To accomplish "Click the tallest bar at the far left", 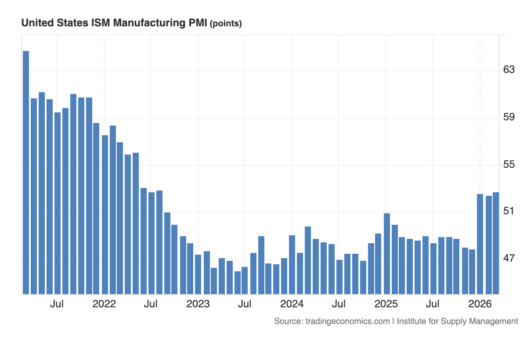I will pos(26,172).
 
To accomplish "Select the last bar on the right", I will pos(496,243).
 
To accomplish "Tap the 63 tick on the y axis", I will pos(509,70).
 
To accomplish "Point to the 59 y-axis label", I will pos(509,117).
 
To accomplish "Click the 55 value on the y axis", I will pos(509,165).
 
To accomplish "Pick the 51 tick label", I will pos(509,211).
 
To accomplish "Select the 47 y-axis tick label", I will pos(509,259).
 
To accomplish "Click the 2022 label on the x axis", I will pos(104,304).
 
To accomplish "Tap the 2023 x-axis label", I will pos(198,304).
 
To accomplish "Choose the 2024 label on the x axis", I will pos(292,304).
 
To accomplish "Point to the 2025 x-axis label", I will pos(386,304).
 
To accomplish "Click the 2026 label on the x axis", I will pos(480,304).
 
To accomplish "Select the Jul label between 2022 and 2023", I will pos(151,304).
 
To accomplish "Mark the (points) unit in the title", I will pos(226,24).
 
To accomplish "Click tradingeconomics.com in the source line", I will pos(347,321).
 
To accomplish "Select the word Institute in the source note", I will pos(413,321).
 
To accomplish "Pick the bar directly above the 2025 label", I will pos(387,253).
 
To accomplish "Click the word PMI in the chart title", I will pos(199,23).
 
